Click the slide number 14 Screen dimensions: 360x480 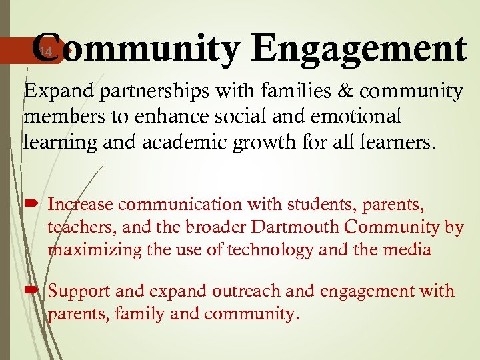coord(44,51)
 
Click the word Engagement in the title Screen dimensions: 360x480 coord(361,49)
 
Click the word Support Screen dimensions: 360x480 coord(81,291)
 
